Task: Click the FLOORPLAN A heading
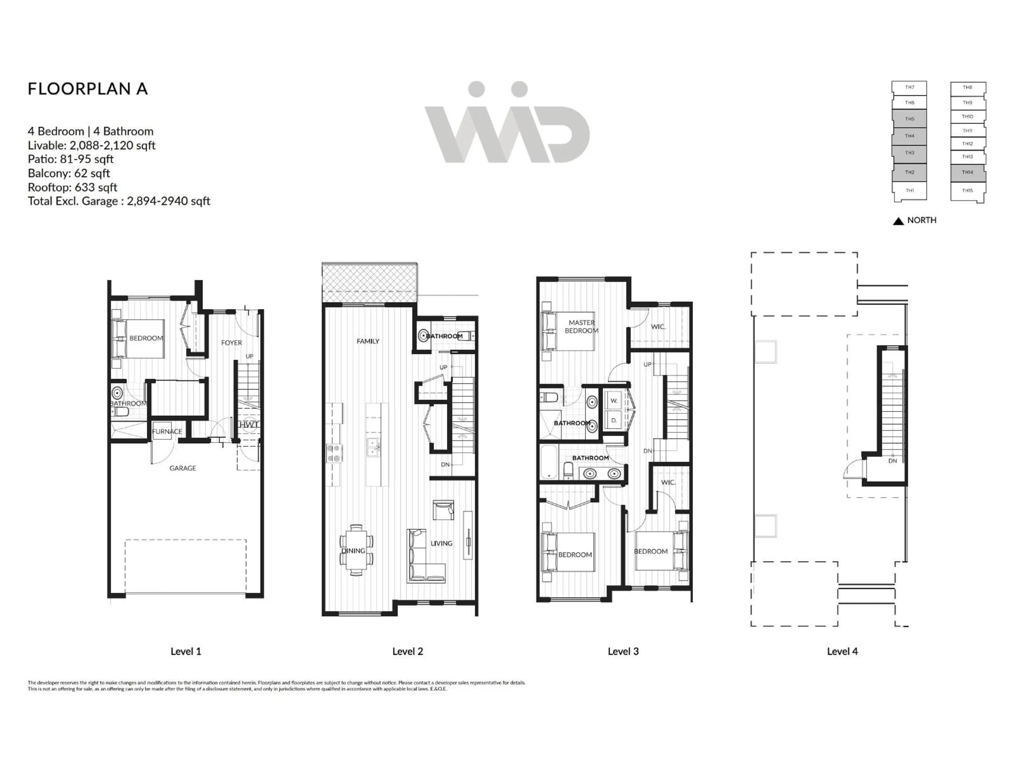tap(88, 89)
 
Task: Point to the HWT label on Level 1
tap(248, 425)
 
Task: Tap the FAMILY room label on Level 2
tap(368, 341)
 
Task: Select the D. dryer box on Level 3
tap(614, 420)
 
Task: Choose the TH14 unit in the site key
tap(967, 172)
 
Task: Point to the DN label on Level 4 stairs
tap(892, 461)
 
